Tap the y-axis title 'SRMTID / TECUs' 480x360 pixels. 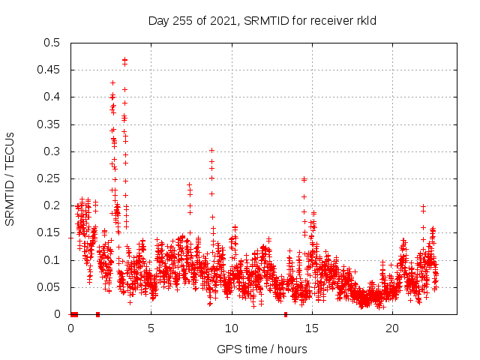[10, 178]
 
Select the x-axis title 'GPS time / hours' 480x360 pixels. [262, 349]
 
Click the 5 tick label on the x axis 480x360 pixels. [151, 328]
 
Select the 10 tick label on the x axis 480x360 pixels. [232, 328]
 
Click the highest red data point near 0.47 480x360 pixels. [124, 59]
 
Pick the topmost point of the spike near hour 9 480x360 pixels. [211, 150]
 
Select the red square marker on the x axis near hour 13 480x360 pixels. [285, 314]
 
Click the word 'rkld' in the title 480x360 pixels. [365, 20]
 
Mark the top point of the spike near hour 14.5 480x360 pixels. [304, 179]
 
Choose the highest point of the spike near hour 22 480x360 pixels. [424, 206]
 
